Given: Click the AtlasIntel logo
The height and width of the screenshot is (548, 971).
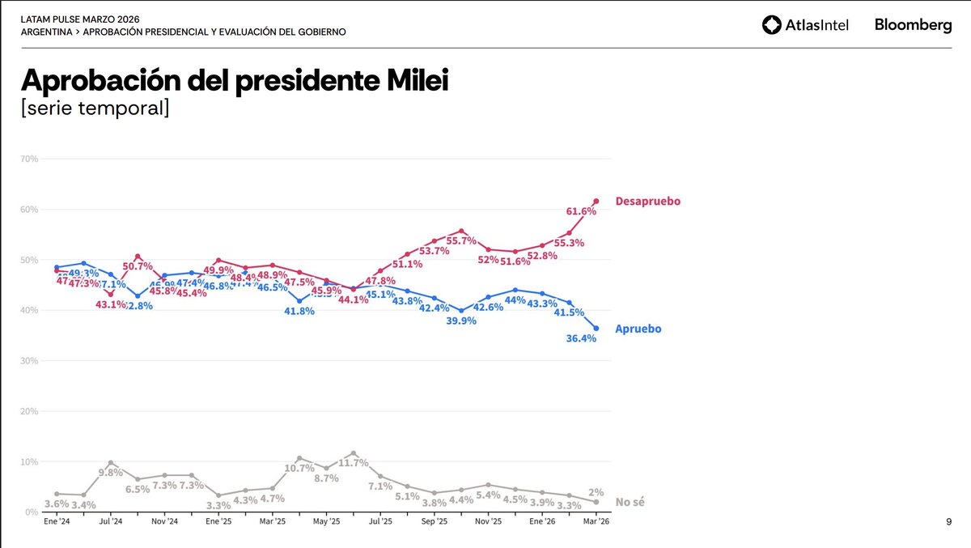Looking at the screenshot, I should point(804,25).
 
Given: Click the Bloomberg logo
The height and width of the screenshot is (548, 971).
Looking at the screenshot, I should point(913,25).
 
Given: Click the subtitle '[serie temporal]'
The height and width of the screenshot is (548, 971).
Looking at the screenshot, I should point(95,108).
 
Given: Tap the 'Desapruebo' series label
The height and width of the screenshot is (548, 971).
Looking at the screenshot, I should point(647,201).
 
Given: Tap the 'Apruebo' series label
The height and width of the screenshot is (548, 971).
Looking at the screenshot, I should point(638,329).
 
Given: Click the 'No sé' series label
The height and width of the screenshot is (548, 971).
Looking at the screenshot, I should point(630,503).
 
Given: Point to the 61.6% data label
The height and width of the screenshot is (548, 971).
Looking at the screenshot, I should point(581,211).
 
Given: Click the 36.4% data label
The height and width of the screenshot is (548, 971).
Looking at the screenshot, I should point(581,339).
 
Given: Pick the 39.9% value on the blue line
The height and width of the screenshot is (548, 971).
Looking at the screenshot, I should point(461,321).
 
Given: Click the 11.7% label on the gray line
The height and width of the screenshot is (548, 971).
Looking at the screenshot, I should point(354,463).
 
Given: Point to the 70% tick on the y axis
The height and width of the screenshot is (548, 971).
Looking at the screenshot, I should point(30,159).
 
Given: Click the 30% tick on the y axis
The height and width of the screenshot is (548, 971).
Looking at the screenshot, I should point(30,361).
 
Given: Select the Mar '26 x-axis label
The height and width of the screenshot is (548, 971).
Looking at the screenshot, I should point(596,522).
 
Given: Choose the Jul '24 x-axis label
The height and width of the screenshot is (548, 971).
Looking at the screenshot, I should point(111,522).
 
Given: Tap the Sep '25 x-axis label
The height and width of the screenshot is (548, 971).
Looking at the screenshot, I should point(435,522).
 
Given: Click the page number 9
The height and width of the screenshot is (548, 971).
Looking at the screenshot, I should point(948,523).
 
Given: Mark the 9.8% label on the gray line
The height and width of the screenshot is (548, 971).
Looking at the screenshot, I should point(111,473).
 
